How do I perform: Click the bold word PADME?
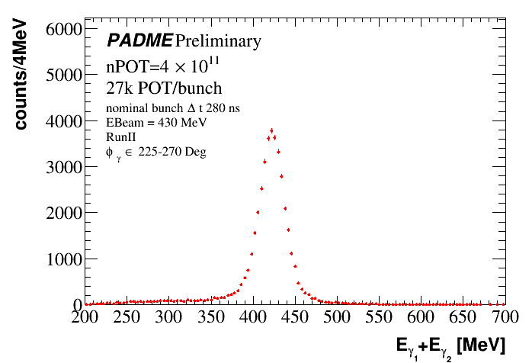tap(139, 40)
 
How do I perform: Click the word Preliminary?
tap(218, 40)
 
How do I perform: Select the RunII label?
tap(121, 136)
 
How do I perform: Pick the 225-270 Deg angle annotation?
tap(155, 151)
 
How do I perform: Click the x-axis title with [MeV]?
tap(450, 345)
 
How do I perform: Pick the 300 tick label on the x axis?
tap(168, 316)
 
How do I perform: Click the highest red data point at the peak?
tap(271, 130)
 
